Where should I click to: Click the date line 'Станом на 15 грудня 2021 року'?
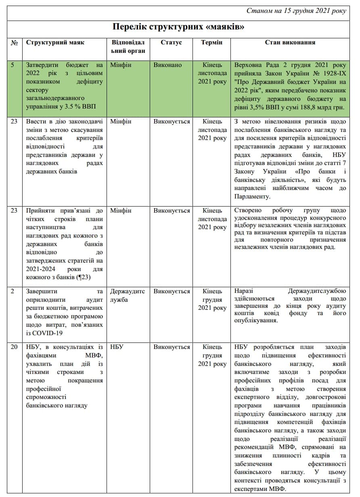coord(296,11)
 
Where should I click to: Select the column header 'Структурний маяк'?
coord(55,42)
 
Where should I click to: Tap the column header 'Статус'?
coord(171,42)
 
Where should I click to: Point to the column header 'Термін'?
coord(212,42)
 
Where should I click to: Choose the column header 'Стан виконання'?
coord(290,42)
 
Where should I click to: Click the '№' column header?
coord(14,42)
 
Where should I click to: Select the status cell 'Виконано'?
coord(167,65)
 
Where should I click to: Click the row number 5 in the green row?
coord(14,65)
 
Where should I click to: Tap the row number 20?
coord(14,347)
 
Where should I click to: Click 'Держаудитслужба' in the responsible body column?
coord(127,295)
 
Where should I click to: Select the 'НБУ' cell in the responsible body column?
coord(117,347)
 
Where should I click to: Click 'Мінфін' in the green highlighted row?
coord(120,65)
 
